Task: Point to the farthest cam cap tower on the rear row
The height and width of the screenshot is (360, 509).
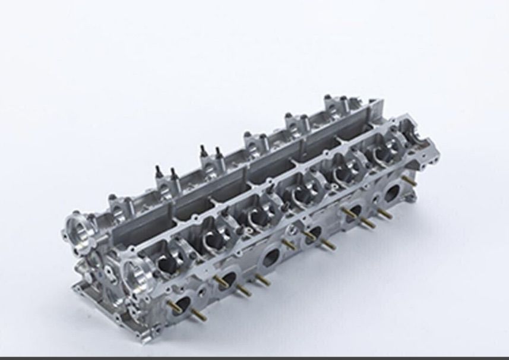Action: pyautogui.click(x=336, y=105)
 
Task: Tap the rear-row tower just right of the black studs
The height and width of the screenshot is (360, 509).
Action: pyautogui.click(x=253, y=141)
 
